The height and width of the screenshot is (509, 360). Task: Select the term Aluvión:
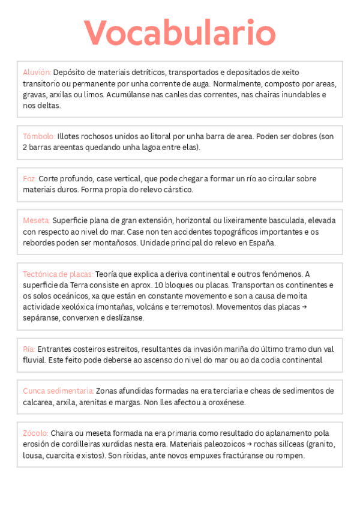point(37,72)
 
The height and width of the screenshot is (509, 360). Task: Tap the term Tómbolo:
point(39,136)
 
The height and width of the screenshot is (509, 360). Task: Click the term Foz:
point(29,179)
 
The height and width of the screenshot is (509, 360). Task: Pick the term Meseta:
point(37,221)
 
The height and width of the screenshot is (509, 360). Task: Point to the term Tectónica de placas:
point(58,274)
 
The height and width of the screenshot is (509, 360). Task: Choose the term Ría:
point(29,349)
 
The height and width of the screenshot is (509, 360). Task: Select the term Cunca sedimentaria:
point(58,391)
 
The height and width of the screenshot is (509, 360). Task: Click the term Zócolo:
point(36,433)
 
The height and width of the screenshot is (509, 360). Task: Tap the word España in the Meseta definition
point(262,242)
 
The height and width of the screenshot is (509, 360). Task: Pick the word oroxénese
point(225,402)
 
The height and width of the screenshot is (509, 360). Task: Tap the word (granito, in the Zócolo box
point(320,444)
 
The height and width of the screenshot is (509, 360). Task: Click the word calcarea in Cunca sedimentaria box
point(39,402)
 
